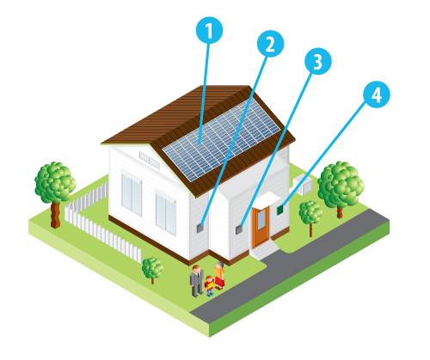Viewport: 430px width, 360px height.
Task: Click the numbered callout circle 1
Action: (209, 30)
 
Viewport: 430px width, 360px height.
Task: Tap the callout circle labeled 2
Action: (270, 44)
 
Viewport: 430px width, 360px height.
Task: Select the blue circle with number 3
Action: (318, 61)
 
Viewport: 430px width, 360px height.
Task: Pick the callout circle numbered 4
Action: (377, 95)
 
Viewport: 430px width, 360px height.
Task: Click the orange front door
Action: (261, 226)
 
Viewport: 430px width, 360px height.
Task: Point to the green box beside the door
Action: (280, 210)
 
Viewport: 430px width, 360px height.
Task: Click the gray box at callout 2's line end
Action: (200, 228)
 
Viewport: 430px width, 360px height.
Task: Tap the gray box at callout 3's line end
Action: (239, 229)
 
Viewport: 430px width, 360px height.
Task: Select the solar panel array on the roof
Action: (221, 140)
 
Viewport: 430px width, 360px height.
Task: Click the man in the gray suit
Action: (197, 281)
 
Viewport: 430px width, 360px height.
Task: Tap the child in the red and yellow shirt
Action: (210, 286)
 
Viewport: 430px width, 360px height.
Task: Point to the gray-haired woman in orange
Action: (219, 276)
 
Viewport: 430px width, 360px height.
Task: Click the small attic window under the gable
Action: (149, 160)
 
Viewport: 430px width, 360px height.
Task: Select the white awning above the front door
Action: (266, 199)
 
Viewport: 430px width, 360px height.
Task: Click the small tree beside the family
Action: (152, 270)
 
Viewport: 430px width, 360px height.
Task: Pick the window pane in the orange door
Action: (261, 220)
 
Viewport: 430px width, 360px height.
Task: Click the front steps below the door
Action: (265, 252)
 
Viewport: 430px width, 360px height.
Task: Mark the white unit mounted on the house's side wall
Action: (303, 184)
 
